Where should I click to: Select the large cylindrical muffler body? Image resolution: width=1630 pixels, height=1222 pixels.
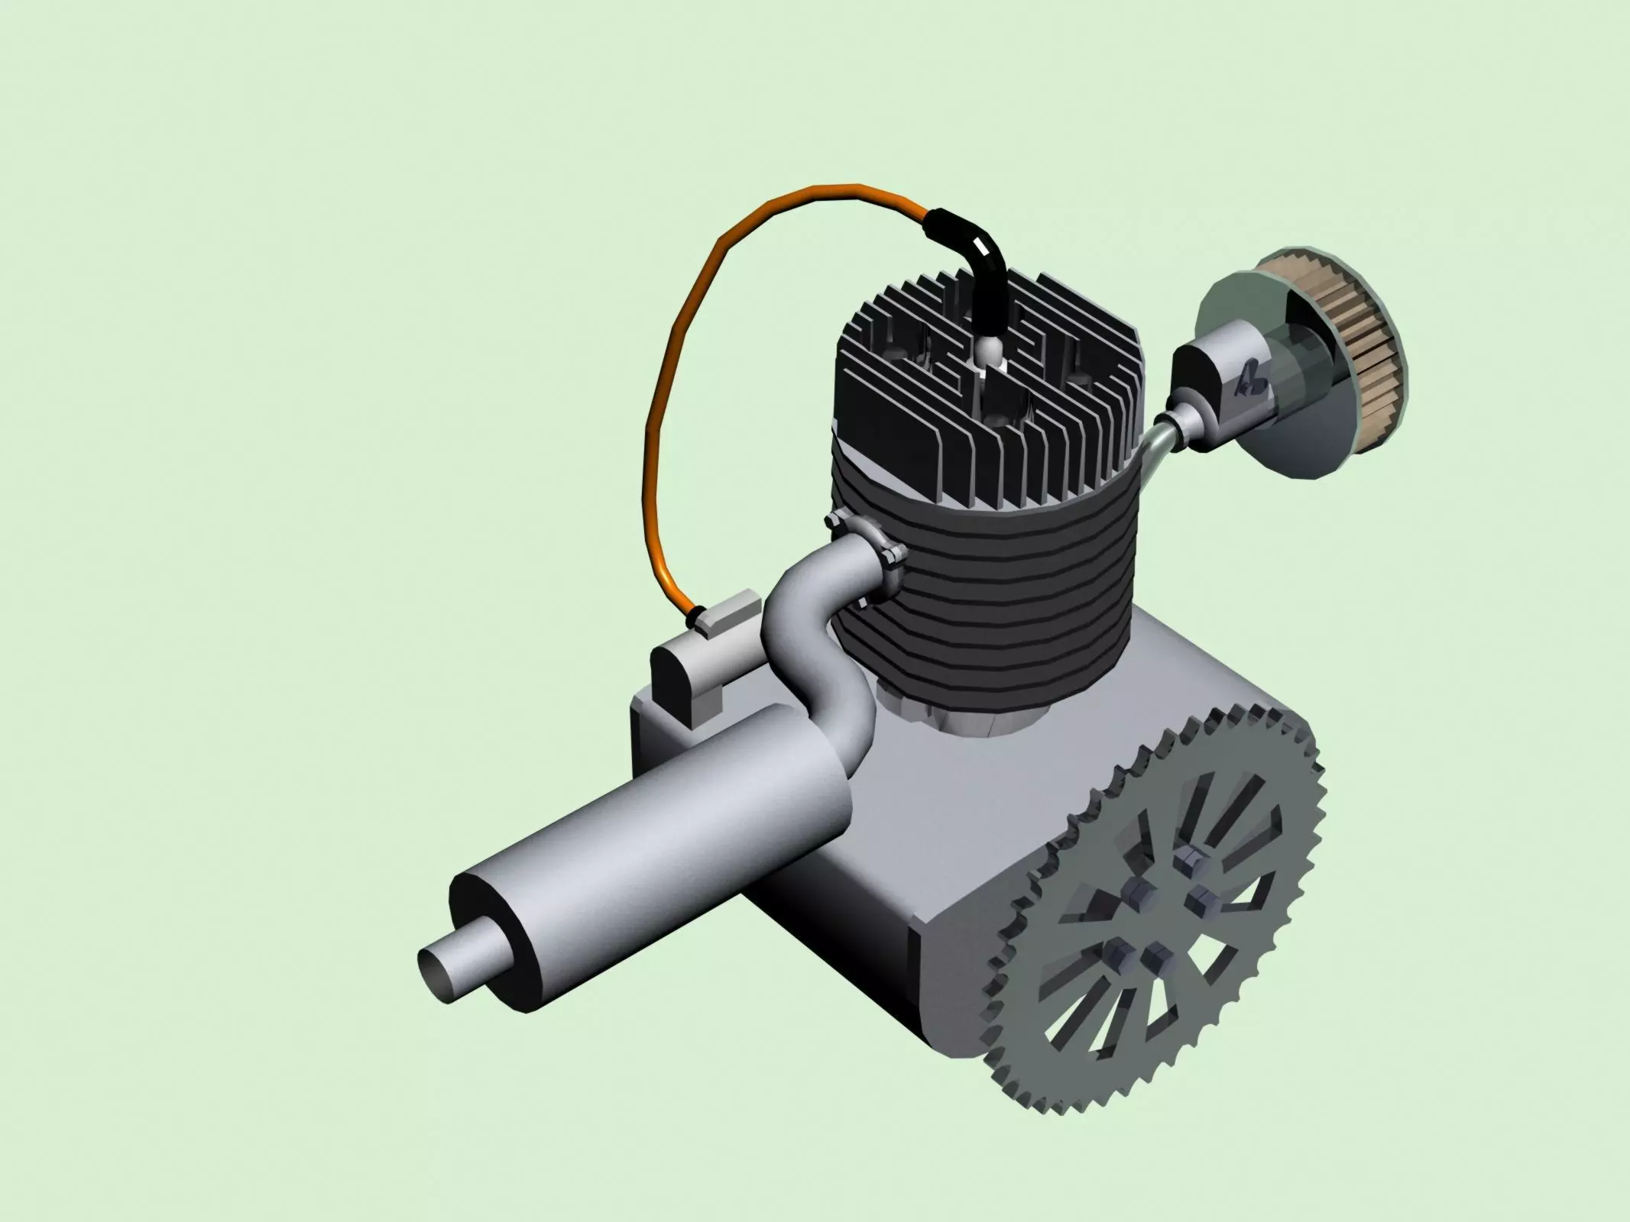657,832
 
